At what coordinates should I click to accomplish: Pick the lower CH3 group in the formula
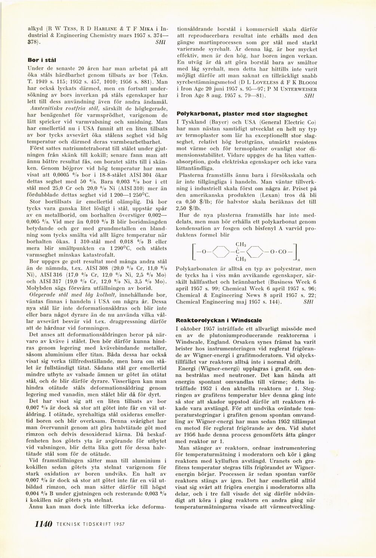tap(240, 259)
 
